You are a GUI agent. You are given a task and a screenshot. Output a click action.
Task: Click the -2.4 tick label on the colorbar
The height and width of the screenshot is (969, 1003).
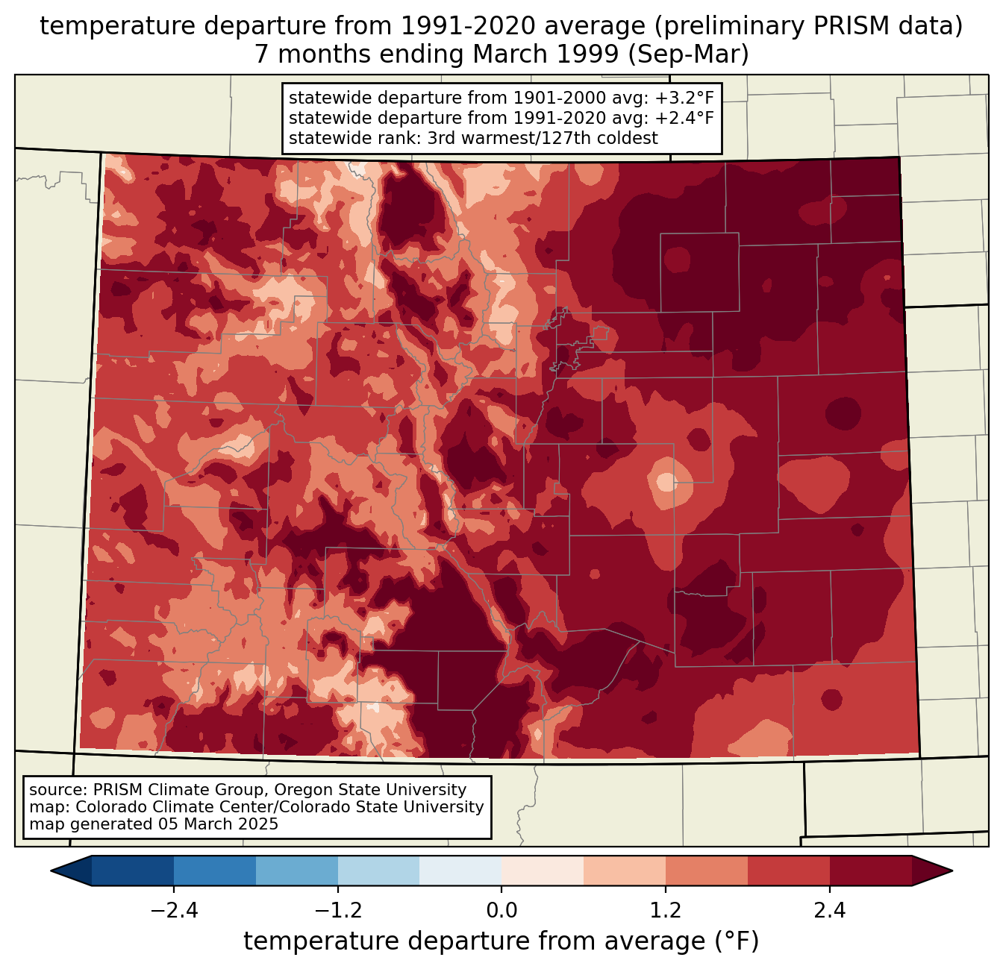[173, 911]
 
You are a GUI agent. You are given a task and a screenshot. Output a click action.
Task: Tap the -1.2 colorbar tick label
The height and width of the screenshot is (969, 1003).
[337, 911]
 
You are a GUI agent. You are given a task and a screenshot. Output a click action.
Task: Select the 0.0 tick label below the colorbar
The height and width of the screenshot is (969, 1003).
[501, 911]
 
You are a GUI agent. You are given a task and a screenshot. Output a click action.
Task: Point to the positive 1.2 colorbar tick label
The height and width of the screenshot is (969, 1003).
[666, 911]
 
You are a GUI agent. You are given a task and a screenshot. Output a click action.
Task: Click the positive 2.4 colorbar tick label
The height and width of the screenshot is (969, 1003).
[829, 911]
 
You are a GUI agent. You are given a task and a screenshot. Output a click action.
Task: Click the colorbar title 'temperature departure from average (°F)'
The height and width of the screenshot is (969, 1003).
[501, 941]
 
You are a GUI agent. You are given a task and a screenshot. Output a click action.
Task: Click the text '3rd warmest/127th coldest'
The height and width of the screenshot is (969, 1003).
[543, 138]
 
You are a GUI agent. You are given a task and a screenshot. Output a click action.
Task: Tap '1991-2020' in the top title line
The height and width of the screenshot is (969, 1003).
[447, 26]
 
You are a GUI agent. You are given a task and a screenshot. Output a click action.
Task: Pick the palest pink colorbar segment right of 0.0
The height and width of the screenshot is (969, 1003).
[543, 871]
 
